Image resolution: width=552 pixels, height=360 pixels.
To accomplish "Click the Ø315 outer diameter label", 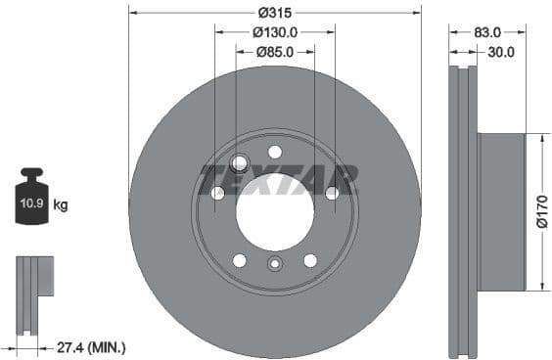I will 275,13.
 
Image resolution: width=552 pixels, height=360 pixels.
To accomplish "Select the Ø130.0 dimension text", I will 275,32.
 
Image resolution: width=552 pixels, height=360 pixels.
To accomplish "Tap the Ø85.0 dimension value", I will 275,52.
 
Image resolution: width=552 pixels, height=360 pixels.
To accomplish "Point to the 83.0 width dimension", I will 487,32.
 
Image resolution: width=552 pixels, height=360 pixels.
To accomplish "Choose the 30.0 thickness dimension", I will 500,52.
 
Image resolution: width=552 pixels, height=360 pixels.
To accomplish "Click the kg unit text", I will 61,205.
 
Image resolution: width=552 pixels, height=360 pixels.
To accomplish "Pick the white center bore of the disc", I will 275,212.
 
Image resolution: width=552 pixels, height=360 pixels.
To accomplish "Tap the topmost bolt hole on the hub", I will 275,152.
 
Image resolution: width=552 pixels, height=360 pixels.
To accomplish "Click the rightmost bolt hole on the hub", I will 332,193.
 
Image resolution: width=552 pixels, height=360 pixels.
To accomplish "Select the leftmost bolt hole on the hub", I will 217,193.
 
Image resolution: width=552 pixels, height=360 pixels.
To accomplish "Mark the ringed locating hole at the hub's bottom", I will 275,263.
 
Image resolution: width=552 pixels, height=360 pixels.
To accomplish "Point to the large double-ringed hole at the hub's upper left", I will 240,163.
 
